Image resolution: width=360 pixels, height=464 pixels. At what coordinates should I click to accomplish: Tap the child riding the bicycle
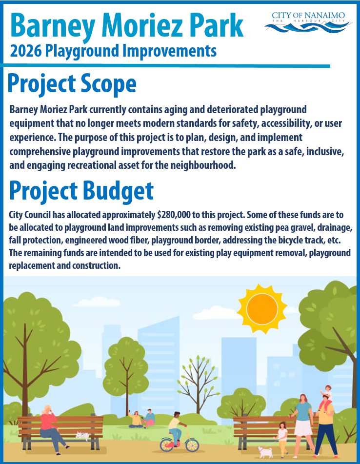click(x=175, y=424)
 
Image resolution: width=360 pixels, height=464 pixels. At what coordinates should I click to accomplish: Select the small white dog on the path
click(x=266, y=451)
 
